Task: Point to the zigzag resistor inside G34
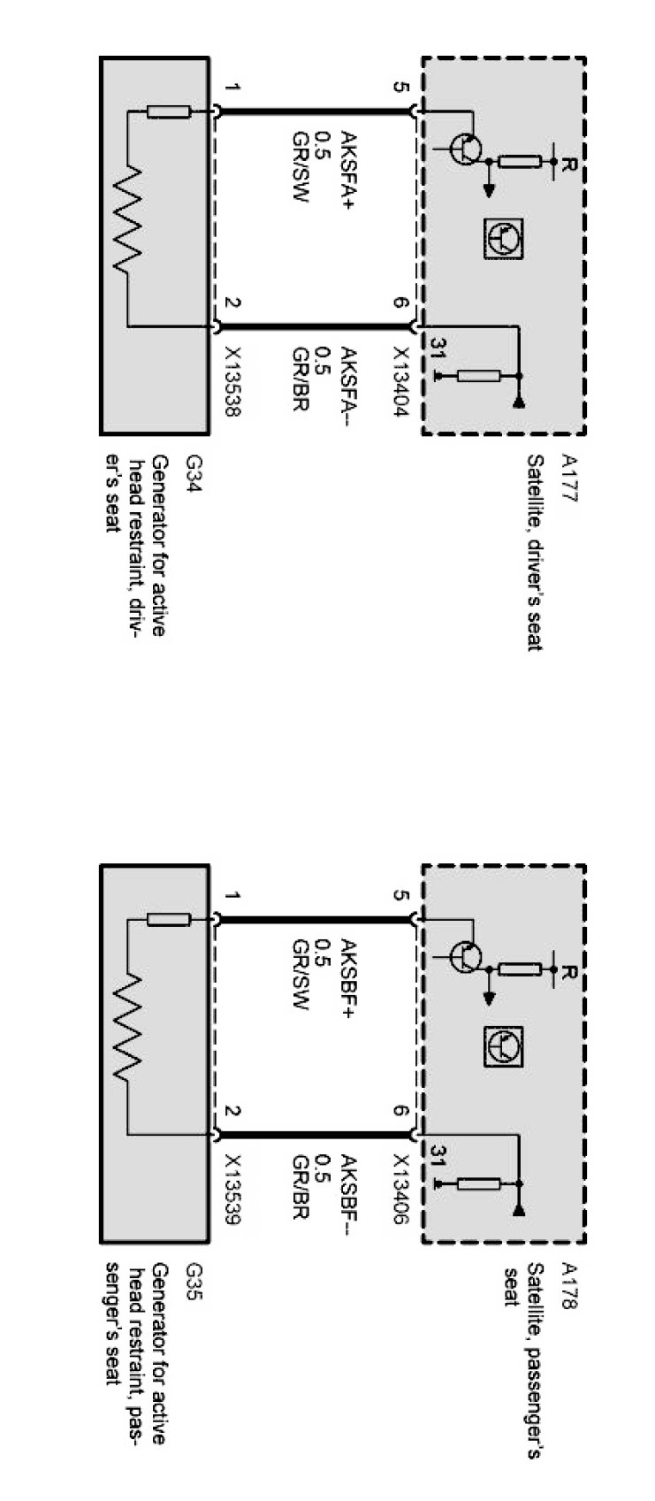[127, 218]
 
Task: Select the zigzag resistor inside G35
[127, 1026]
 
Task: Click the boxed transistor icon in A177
[502, 239]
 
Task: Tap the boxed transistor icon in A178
[502, 1046]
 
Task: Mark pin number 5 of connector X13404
[403, 88]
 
